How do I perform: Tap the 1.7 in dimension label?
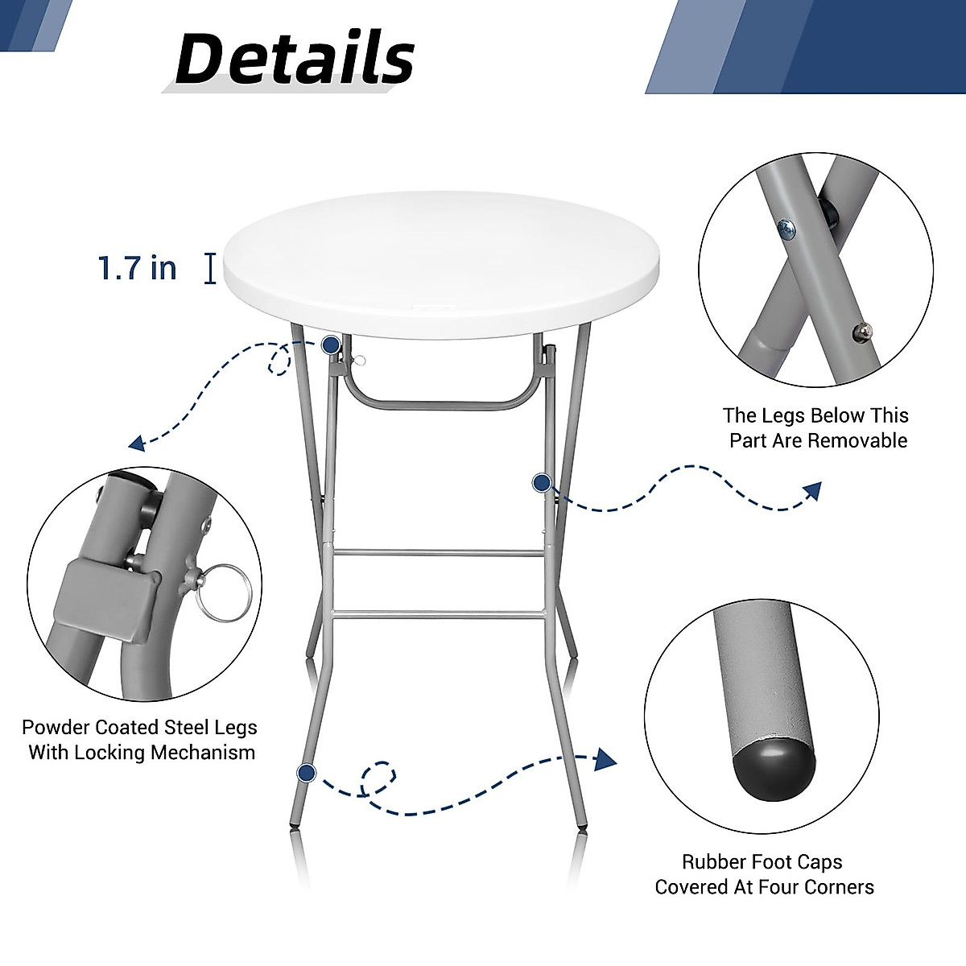coord(137,267)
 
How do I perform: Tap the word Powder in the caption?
coord(56,728)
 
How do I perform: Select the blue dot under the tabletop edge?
coord(330,345)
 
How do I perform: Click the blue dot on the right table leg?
coord(542,483)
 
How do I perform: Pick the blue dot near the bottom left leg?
coord(306,774)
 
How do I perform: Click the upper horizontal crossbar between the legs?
coord(439,553)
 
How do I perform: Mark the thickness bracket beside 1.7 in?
coord(210,268)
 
